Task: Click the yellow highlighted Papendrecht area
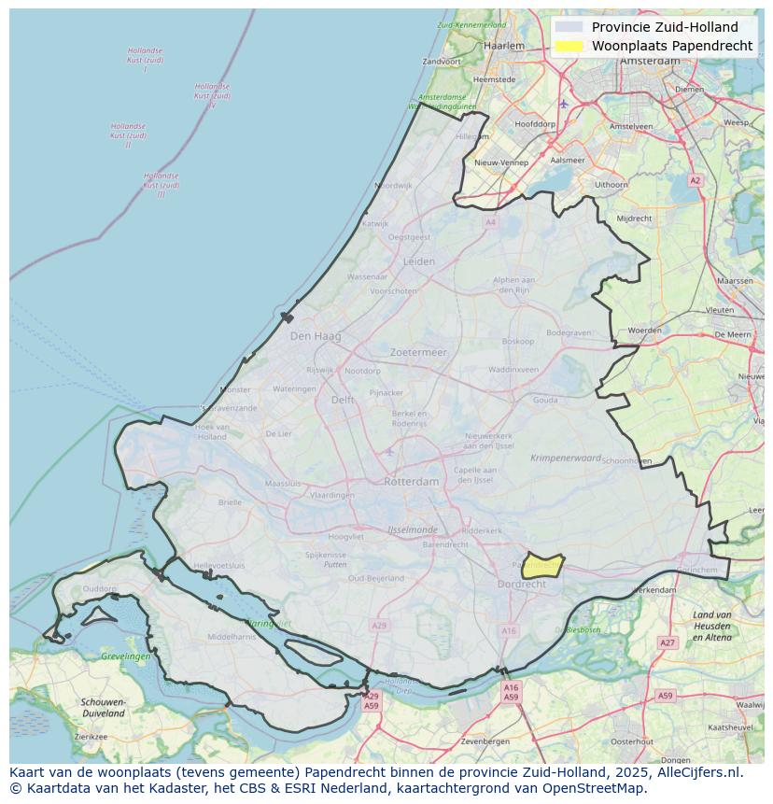542,566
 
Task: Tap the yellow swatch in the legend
568,46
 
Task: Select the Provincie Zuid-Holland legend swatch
568,27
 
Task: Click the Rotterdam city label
411,482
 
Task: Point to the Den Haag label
316,336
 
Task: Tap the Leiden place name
419,261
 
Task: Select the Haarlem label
504,45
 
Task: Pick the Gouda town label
545,400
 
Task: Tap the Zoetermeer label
418,352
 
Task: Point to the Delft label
343,400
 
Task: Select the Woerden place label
644,331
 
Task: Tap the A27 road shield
667,642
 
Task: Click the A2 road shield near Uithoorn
695,180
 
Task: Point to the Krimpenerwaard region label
566,458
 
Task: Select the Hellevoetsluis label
218,565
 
